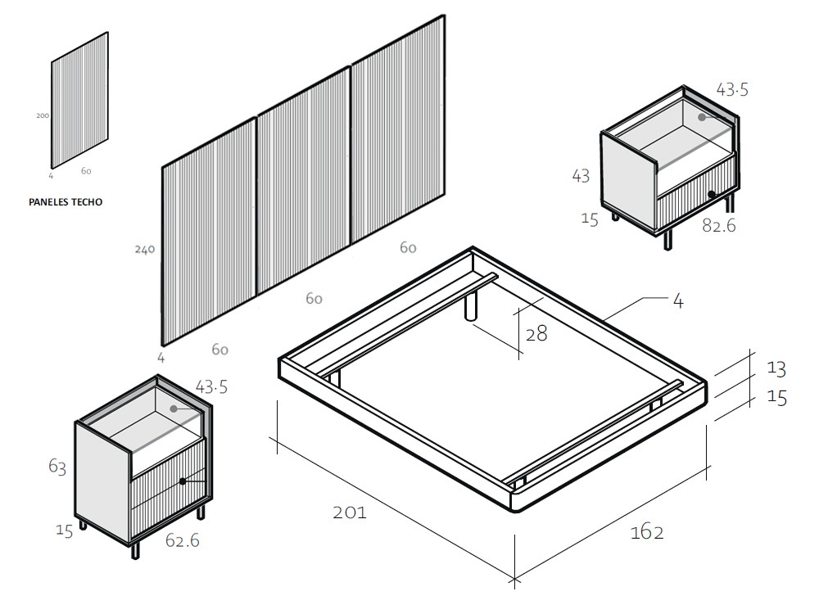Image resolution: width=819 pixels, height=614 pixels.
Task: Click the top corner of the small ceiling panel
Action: click(107, 33)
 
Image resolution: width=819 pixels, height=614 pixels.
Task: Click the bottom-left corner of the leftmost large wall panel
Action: click(163, 345)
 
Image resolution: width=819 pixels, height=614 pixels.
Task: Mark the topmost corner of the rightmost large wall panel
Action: click(445, 15)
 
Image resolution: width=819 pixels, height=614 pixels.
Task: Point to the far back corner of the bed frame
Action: click(473, 247)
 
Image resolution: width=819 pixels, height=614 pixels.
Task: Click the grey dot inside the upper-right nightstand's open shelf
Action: click(702, 117)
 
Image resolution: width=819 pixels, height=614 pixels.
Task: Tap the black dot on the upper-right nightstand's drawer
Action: click(712, 194)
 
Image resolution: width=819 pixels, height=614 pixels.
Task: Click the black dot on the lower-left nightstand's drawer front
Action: click(183, 481)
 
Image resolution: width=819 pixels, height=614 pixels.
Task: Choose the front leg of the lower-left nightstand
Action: click(135, 550)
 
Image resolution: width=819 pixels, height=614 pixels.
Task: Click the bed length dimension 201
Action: click(350, 512)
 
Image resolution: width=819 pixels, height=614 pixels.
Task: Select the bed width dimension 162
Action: click(647, 532)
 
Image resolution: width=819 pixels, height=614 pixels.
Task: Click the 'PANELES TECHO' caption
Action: click(66, 202)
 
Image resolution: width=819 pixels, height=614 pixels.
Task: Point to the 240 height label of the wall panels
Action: click(145, 249)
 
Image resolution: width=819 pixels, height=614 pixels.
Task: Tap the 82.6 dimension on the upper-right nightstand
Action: click(719, 225)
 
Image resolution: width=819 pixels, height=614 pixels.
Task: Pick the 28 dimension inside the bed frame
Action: click(536, 334)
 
